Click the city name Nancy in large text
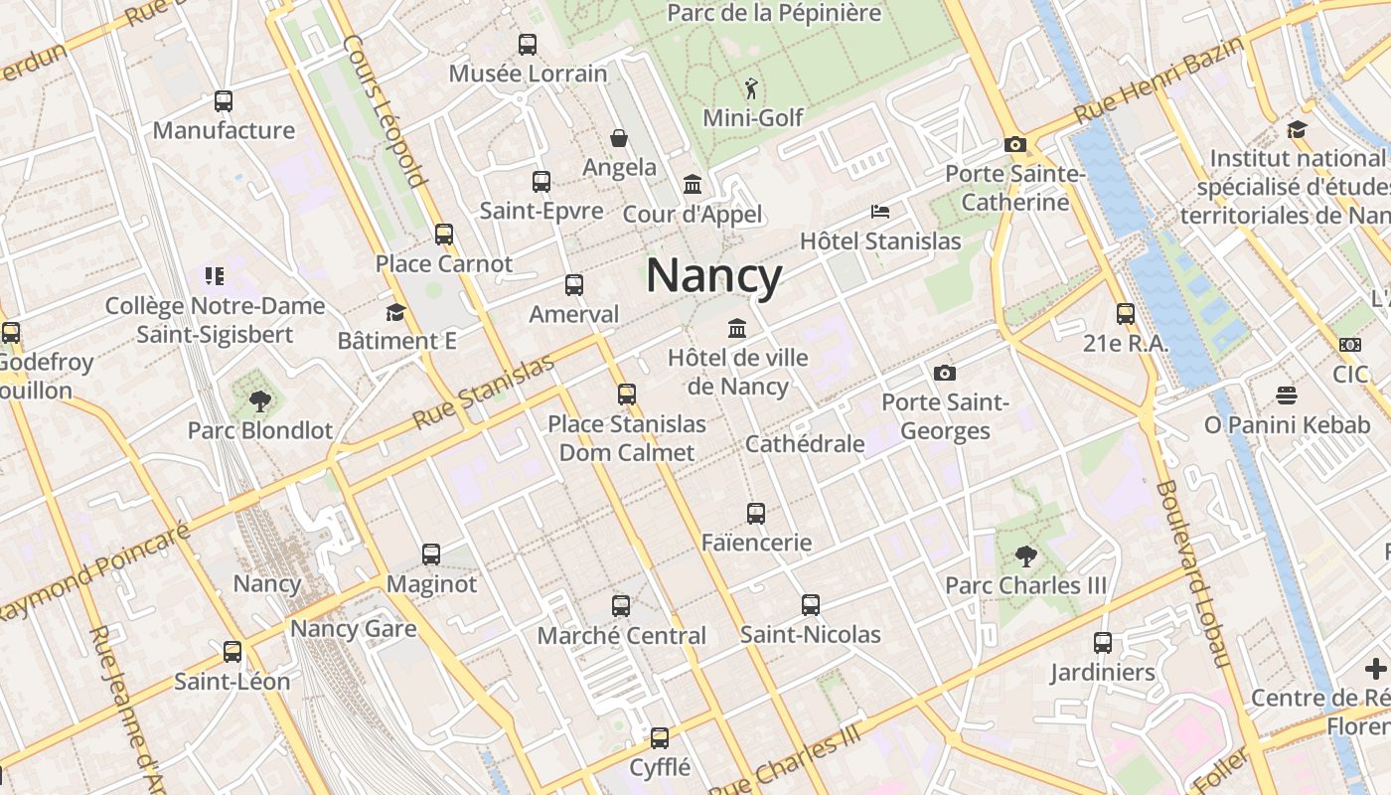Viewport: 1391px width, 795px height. pos(714,275)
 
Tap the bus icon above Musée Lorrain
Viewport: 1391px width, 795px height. pos(528,45)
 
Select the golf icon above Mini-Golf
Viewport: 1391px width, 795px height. pos(752,88)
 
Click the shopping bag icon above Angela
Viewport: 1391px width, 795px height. pos(619,138)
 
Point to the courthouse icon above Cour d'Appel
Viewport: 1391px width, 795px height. pos(693,185)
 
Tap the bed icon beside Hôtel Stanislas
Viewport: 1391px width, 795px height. pos(880,212)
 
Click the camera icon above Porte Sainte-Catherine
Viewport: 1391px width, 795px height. pos(1014,145)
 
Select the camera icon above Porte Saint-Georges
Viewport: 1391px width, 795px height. pos(945,374)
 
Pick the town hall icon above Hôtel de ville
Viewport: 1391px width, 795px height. pos(737,328)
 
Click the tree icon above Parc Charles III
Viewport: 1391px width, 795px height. pos(1025,556)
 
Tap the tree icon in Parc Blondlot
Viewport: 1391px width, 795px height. pos(260,401)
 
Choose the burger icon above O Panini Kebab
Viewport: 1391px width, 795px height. pos(1287,396)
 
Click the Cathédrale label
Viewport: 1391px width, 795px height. pos(805,444)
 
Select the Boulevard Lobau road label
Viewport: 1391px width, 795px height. pos(1193,573)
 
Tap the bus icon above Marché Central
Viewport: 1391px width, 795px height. pos(621,605)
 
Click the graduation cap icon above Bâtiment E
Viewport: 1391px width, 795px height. pos(395,312)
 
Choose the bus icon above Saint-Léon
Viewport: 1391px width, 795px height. pos(232,652)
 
